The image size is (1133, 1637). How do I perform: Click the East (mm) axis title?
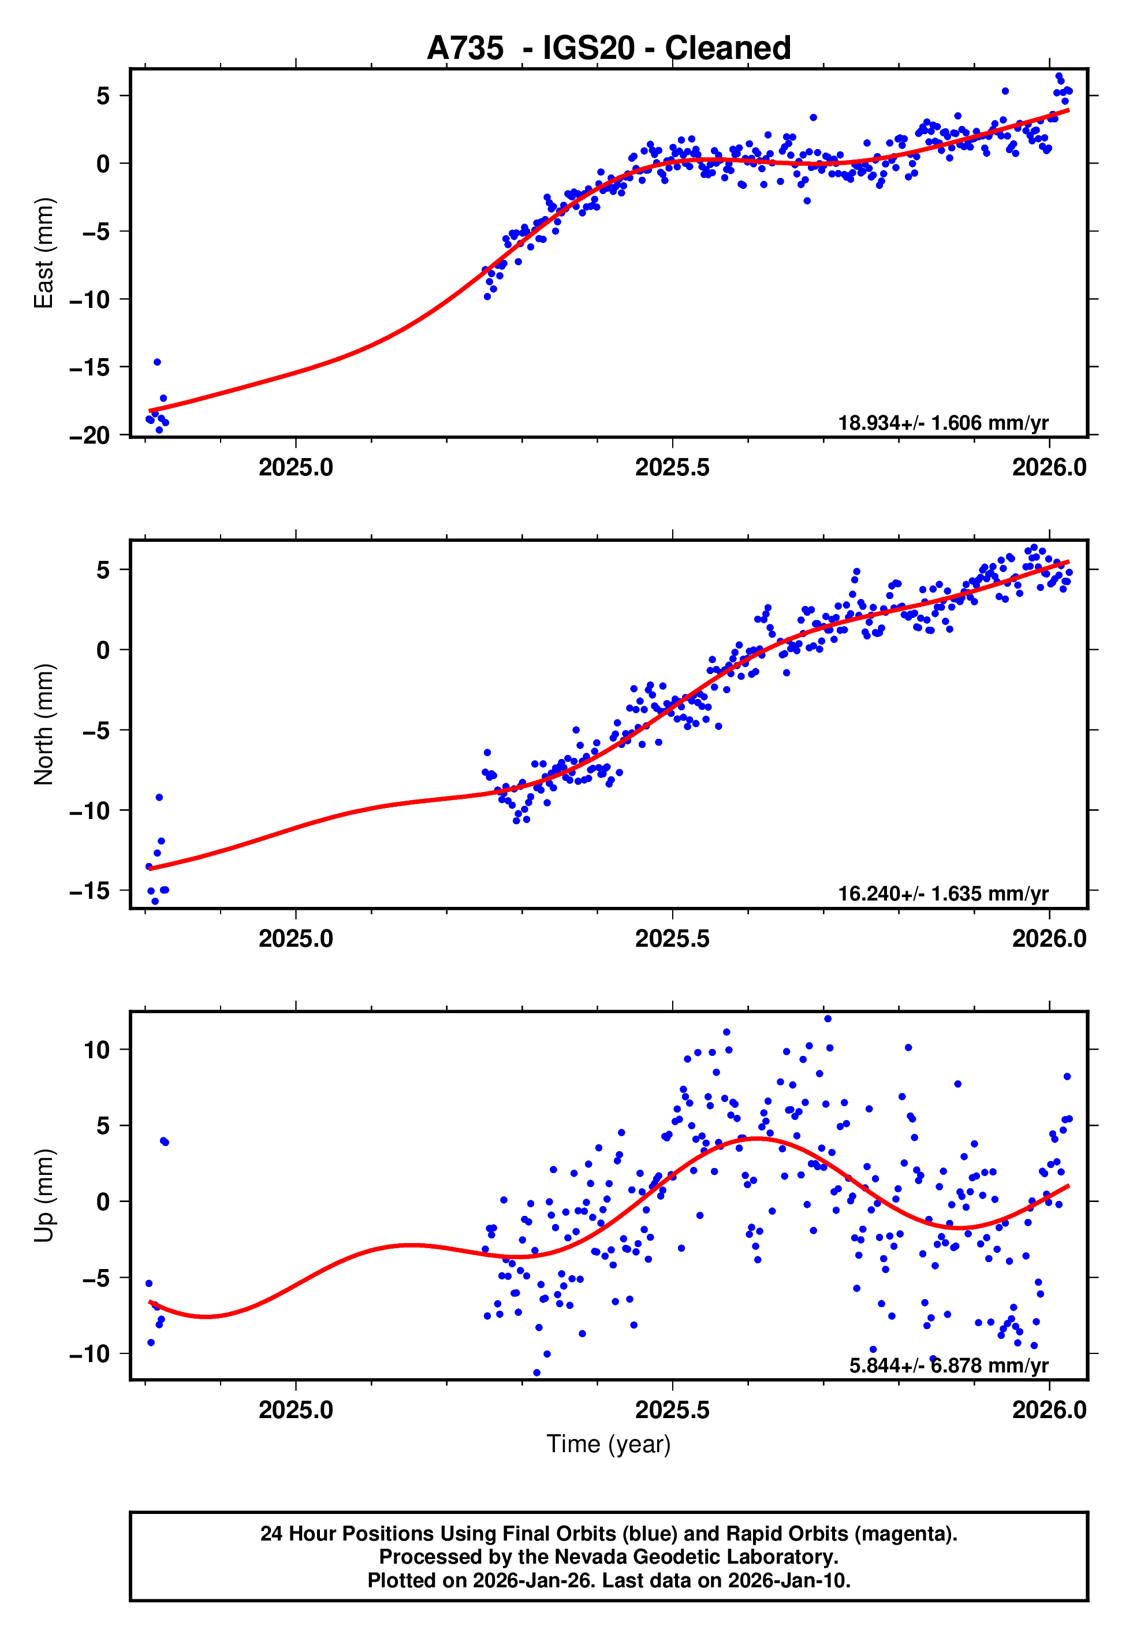(44, 253)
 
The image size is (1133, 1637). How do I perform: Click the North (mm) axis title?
(44, 724)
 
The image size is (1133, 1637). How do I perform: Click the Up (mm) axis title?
(44, 1196)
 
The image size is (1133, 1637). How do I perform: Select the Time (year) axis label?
(609, 1445)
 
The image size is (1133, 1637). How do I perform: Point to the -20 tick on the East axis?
(90, 435)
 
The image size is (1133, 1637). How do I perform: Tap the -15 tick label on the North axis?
(90, 891)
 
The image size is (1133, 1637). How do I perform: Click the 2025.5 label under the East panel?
(672, 468)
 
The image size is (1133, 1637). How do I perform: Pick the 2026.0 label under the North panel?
(1049, 939)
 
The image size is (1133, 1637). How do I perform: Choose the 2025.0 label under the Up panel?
(295, 1410)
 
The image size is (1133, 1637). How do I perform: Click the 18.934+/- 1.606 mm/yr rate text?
(943, 423)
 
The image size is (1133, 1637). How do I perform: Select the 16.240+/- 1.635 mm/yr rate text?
(943, 894)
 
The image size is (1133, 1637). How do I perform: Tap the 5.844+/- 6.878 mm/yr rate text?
(948, 1365)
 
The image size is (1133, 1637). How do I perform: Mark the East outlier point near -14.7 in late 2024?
(158, 362)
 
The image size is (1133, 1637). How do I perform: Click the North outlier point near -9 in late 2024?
(159, 797)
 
